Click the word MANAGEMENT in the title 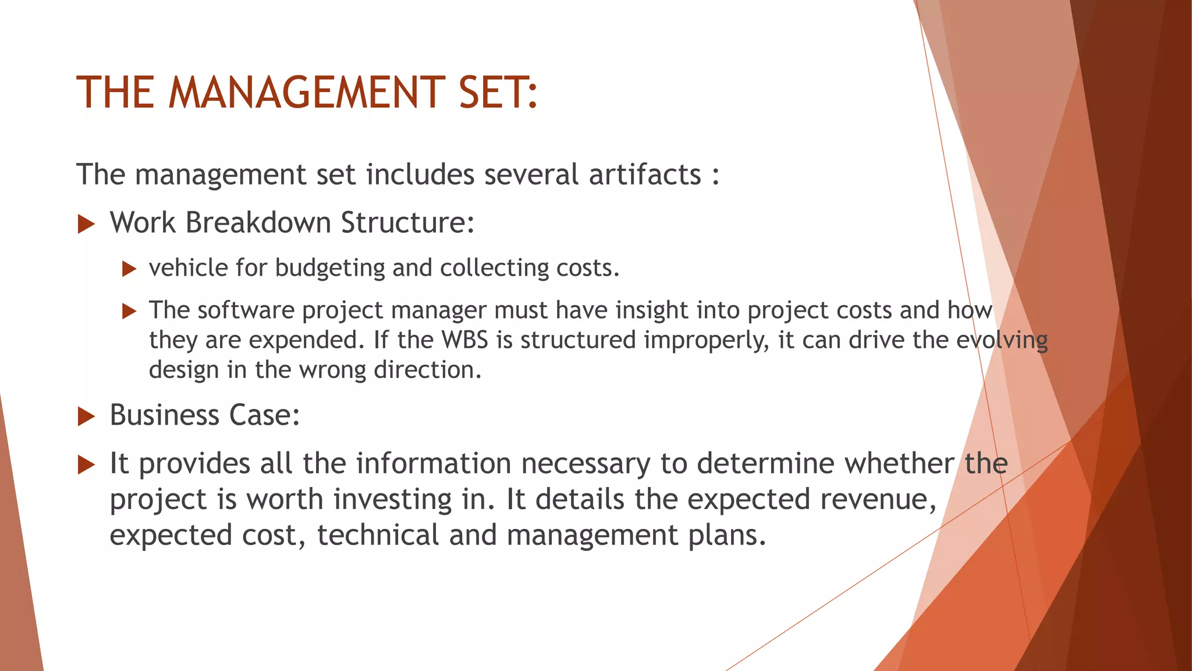307,93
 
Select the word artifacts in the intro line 645,174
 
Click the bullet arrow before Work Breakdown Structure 86,224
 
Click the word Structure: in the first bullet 407,223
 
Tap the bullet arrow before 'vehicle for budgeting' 129,269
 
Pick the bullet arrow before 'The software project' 129,311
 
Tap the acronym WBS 464,340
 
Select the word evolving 1002,340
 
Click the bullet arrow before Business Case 86,416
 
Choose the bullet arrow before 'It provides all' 86,465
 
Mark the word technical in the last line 378,535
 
